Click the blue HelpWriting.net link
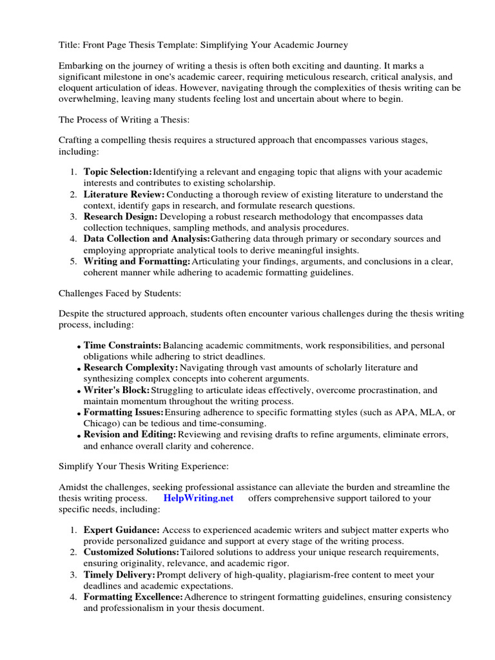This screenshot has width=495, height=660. pos(199,498)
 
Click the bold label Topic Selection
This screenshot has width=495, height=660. pos(118,171)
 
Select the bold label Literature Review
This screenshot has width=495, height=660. pos(124,194)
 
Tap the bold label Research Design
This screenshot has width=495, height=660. pos(121,217)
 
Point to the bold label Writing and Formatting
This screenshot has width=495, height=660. pos(137,261)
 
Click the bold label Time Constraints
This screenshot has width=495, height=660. pos(122,345)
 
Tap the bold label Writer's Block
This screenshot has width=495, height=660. pos(117,390)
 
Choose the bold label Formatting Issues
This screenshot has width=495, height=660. pos(124,412)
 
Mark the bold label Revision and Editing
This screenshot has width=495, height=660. pos(130,435)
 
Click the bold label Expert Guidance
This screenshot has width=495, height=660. pos(122,530)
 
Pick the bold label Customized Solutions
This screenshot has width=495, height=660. pos(131,552)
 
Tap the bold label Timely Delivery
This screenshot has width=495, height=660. pos(119,574)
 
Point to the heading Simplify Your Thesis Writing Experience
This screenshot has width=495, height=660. pos(143,465)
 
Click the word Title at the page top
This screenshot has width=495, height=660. pos(68,44)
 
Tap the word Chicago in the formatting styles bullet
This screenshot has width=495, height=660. pos(100,423)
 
